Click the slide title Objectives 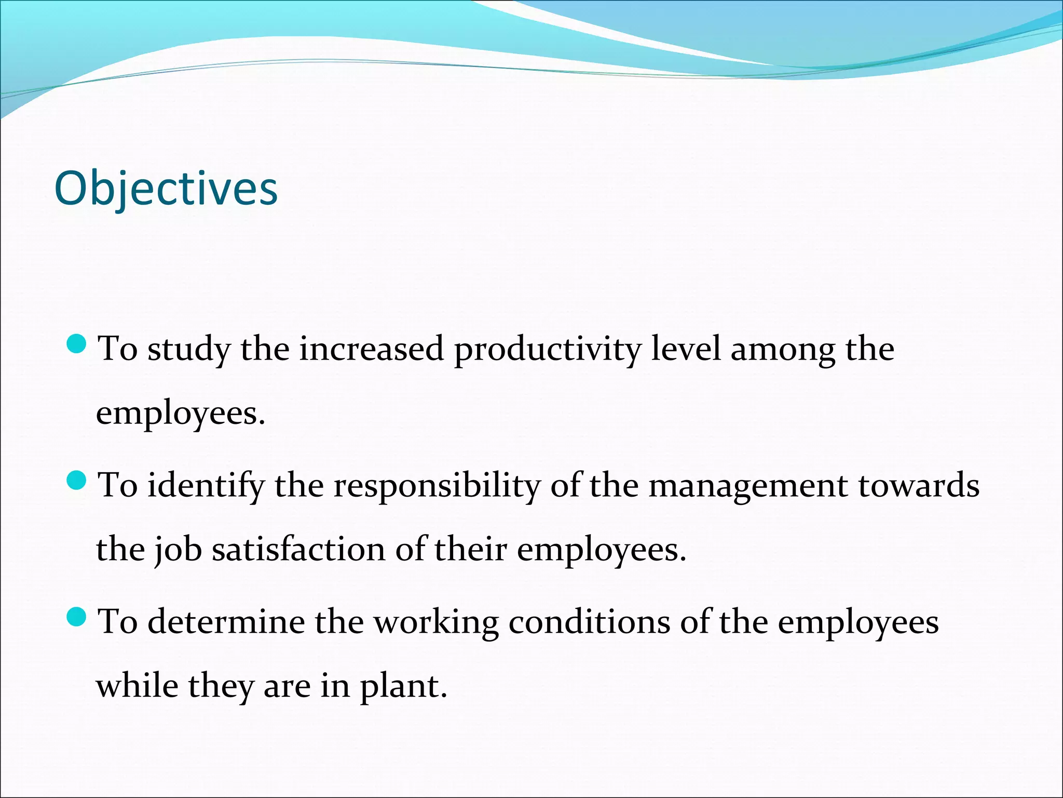pyautogui.click(x=166, y=189)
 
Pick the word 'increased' pyautogui.click(x=371, y=349)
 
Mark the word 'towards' pyautogui.click(x=919, y=485)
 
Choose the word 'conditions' pyautogui.click(x=590, y=622)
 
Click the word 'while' pyautogui.click(x=137, y=686)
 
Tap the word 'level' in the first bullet pyautogui.click(x=686, y=349)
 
